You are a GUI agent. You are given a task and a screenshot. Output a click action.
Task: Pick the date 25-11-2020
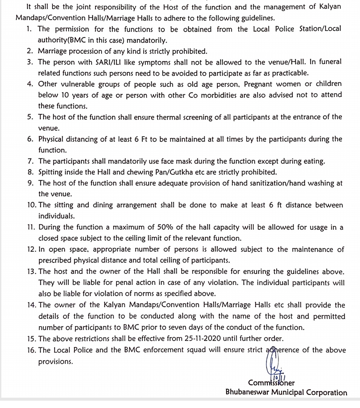202,339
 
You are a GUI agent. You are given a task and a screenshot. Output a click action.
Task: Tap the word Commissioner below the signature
271,383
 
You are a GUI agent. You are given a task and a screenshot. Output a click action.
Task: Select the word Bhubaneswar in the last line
247,392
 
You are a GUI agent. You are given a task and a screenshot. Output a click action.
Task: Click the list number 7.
30,161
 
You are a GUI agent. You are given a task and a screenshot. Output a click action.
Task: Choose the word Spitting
51,173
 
